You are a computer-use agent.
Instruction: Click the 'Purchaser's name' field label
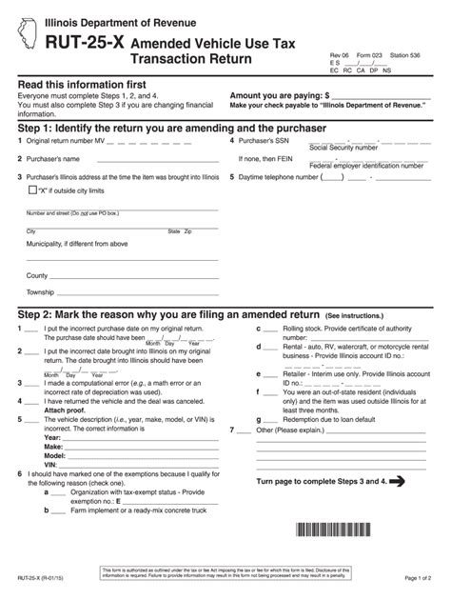pyautogui.click(x=53, y=159)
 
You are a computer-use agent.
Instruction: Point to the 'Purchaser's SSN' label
pyautogui.click(x=270, y=141)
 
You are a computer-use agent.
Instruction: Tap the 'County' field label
pyautogui.click(x=37, y=274)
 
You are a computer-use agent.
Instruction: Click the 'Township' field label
pyautogui.click(x=41, y=291)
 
